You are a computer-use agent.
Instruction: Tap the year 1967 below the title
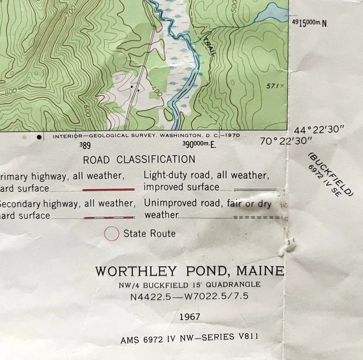coord(189,316)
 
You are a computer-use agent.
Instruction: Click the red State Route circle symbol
coord(112,233)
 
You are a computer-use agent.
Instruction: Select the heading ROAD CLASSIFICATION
coord(139,159)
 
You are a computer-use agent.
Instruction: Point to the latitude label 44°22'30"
coord(319,130)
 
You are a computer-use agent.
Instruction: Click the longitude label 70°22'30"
coord(286,141)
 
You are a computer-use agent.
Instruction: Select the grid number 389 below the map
coord(85,145)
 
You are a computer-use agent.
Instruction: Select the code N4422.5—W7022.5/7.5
coord(189,297)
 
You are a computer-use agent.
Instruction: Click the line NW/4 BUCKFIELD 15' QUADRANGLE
coord(189,284)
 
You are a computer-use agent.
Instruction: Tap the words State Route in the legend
coord(150,233)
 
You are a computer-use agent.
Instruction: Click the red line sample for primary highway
coord(108,189)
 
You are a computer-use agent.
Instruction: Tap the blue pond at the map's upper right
coord(274,13)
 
